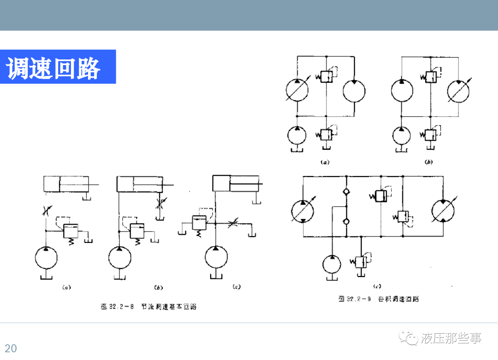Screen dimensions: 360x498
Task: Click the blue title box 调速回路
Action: pos(58,67)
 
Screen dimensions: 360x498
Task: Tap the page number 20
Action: pos(11,348)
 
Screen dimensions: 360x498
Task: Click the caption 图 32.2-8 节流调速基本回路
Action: pos(148,307)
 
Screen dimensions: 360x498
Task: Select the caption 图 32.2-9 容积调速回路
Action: pos(378,299)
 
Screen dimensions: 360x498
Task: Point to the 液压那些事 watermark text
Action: pos(451,339)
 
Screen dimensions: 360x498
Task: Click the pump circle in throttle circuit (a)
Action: pos(46,258)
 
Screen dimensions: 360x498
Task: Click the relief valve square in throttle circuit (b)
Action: pos(137,230)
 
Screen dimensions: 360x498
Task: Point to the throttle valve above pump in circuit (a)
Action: pos(46,210)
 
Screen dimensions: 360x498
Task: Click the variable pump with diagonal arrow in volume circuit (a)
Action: pos(297,90)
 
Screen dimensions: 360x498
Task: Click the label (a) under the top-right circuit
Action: pos(325,162)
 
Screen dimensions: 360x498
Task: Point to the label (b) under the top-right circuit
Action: pos(429,162)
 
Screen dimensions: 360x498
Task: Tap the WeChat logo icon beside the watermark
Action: pos(409,338)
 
